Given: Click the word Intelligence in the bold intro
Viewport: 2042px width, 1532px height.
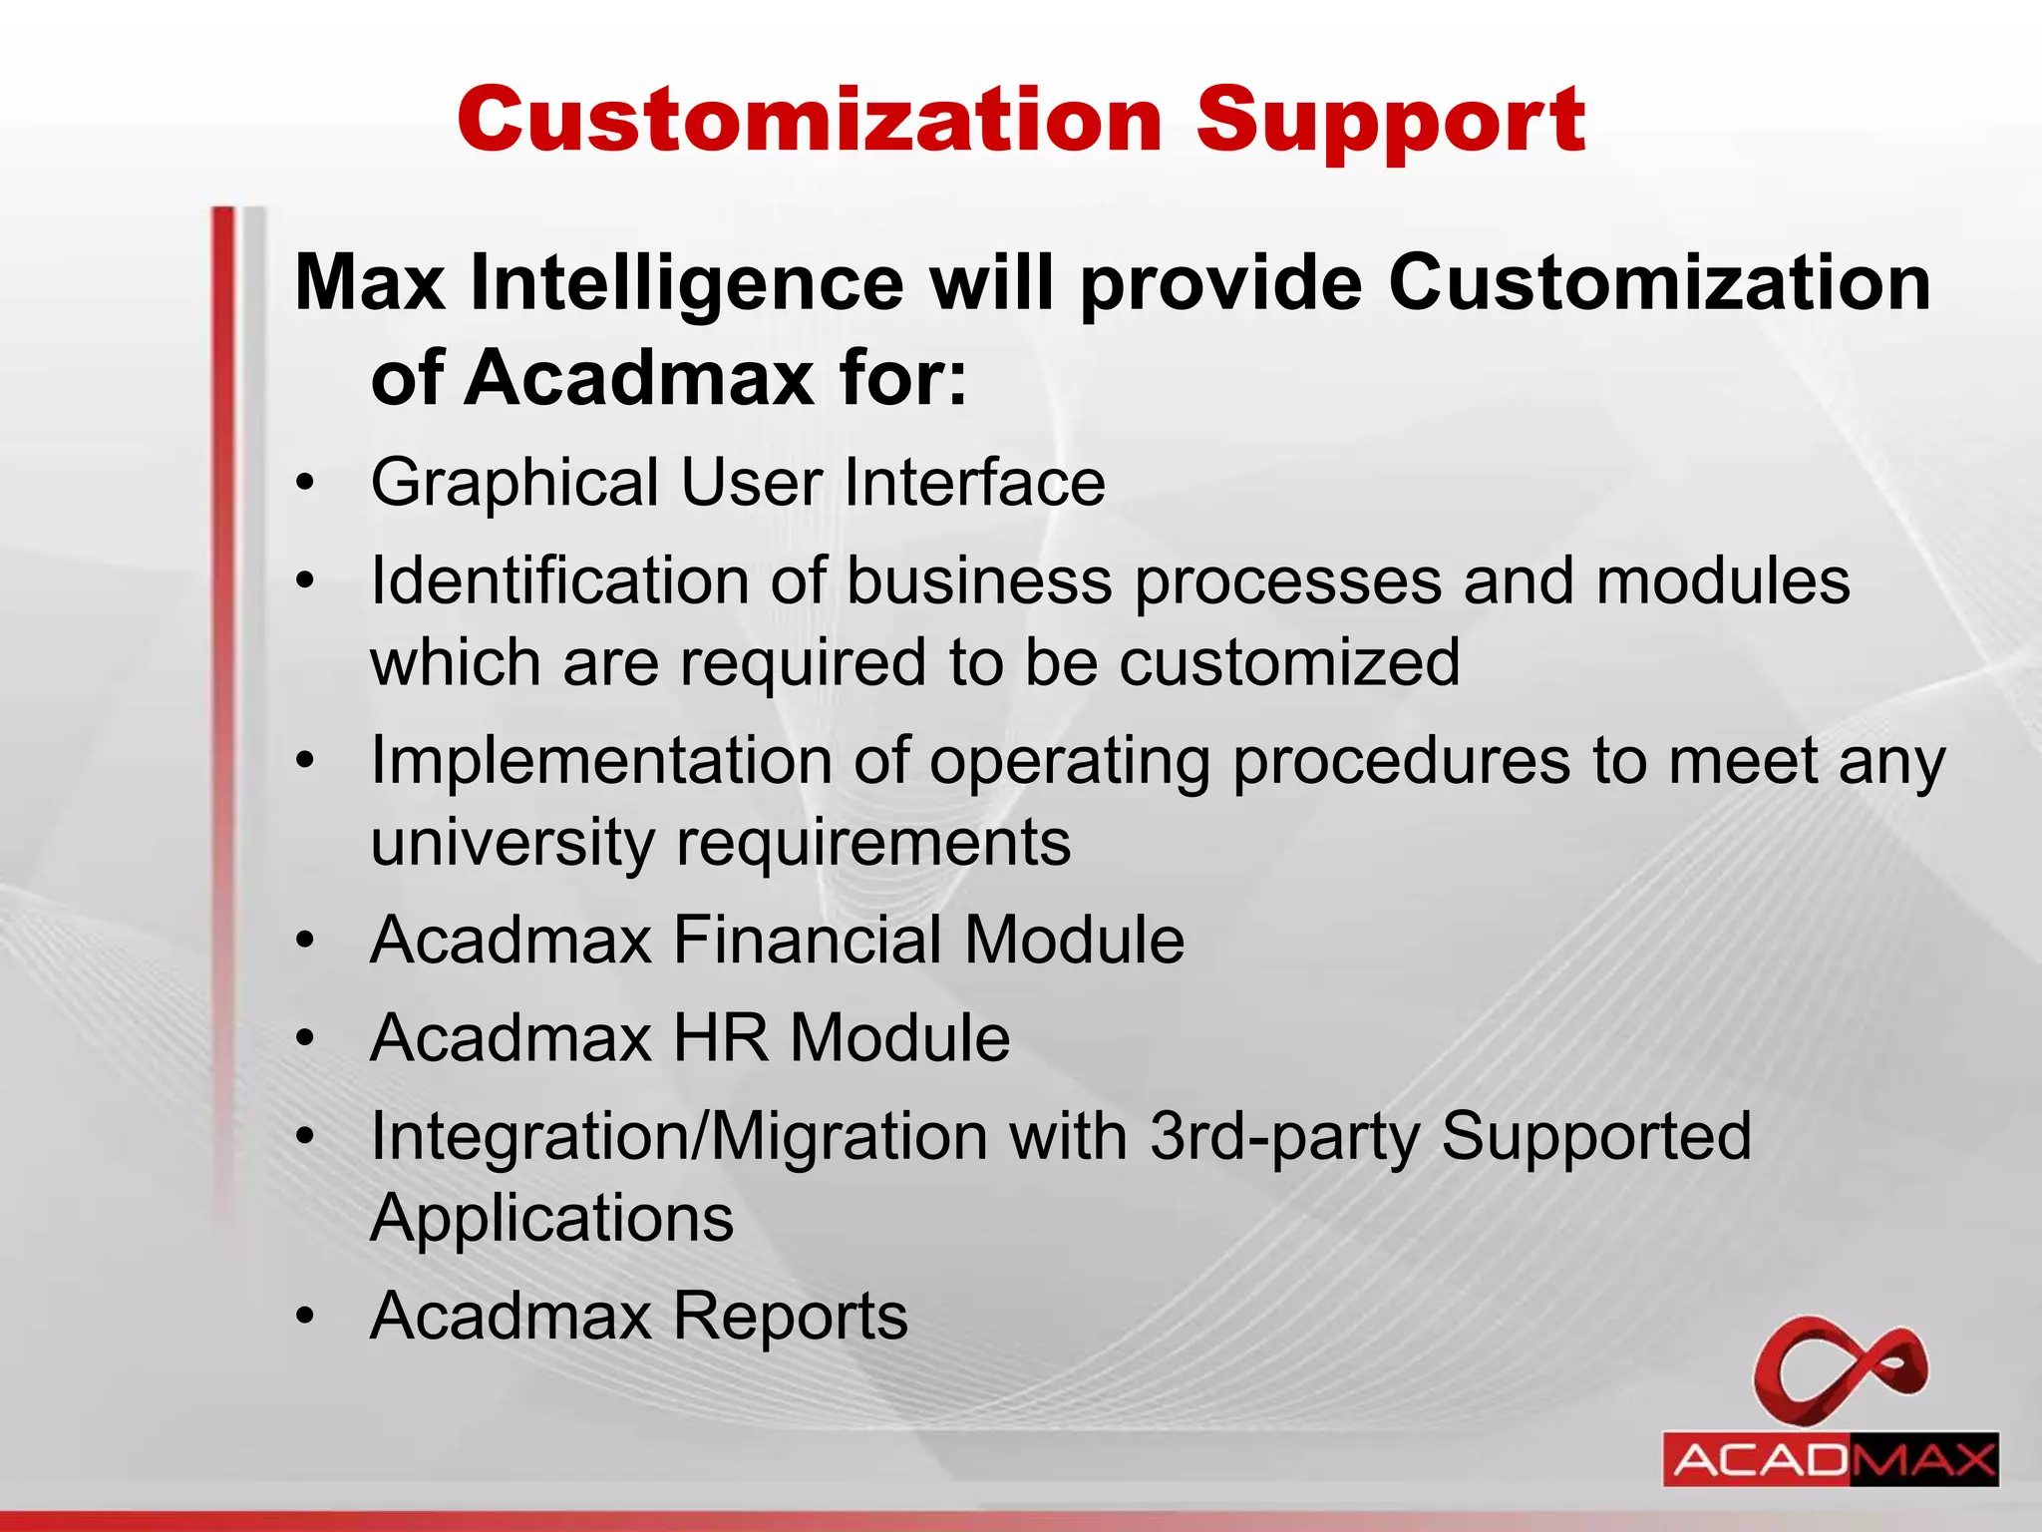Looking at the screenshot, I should pyautogui.click(x=687, y=283).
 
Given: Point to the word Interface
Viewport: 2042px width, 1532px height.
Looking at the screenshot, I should pyautogui.click(x=974, y=483).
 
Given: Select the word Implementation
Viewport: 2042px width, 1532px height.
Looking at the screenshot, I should pyautogui.click(x=601, y=762).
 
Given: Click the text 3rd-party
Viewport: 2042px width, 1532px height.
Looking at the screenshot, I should pyautogui.click(x=1284, y=1139).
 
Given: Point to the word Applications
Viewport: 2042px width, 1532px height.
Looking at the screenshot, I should pyautogui.click(x=551, y=1218).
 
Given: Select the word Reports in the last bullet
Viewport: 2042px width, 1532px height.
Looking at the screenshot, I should pyautogui.click(x=791, y=1316).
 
